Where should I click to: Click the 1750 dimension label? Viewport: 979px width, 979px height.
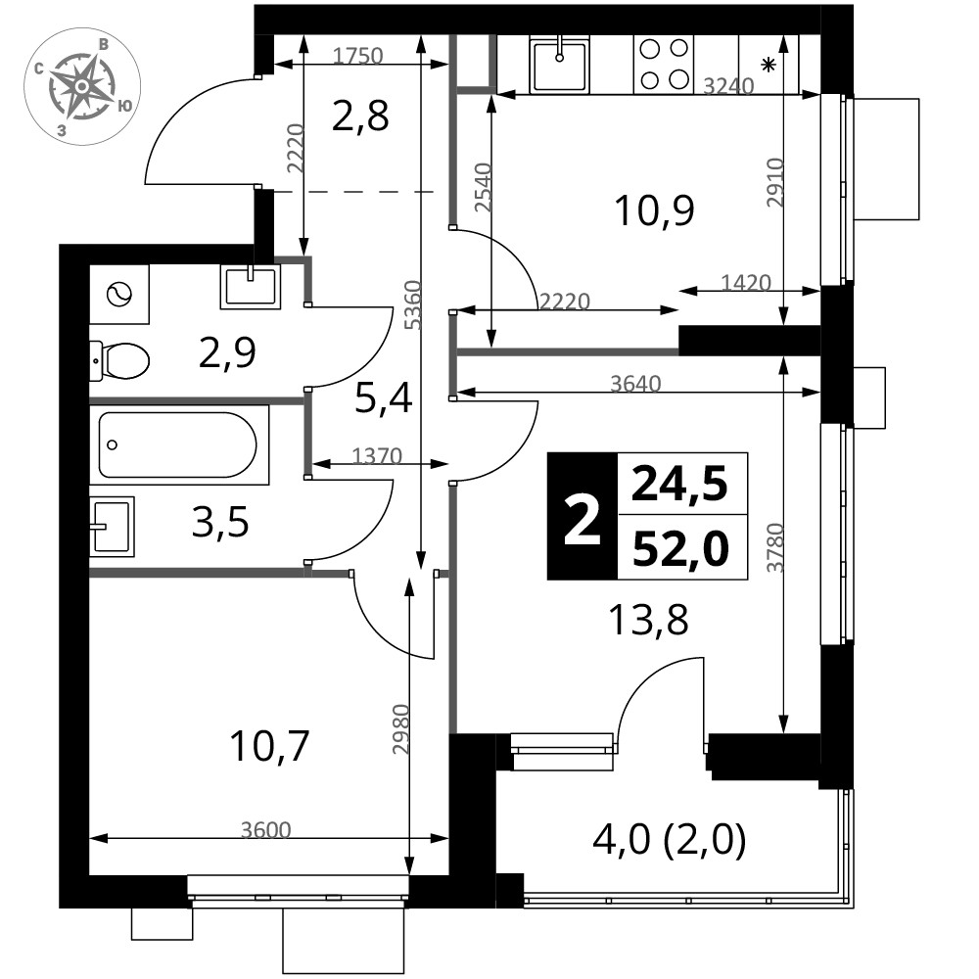357,56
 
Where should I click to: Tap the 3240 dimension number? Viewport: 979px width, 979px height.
728,86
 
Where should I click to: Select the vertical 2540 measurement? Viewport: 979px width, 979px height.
484,187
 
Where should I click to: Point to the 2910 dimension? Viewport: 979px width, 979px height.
775,182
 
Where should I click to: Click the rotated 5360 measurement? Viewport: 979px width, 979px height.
413,304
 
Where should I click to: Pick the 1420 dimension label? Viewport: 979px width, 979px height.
745,283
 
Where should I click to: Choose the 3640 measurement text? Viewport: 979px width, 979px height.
635,384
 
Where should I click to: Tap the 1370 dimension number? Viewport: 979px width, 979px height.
376,456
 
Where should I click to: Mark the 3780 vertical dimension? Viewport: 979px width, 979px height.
775,548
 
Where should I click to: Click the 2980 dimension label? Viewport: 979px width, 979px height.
401,728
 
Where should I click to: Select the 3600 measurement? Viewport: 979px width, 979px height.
265,830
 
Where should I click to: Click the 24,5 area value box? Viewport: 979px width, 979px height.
681,484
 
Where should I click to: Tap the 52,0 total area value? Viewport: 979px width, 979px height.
681,549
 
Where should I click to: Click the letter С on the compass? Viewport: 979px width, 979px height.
37,70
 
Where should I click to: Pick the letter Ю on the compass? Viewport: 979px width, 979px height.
124,105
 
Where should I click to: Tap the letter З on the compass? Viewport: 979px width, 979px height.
61,129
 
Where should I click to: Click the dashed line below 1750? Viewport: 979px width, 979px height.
353,192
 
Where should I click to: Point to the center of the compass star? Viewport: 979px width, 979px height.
81,87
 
